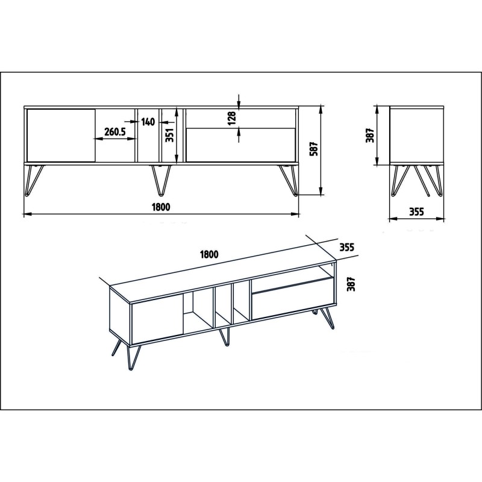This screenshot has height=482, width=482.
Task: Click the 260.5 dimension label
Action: [x=119, y=132]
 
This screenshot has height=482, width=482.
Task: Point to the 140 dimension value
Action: [x=148, y=122]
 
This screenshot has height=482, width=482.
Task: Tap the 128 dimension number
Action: [x=231, y=118]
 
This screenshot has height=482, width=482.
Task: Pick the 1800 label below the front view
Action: [x=161, y=207]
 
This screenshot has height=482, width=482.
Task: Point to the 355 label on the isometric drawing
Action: [x=346, y=246]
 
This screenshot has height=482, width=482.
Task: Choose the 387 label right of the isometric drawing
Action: [x=352, y=283]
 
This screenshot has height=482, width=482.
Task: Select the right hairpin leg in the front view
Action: [x=287, y=180]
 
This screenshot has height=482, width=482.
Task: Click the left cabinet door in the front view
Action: [x=61, y=135]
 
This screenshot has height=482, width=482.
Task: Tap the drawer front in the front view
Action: [x=240, y=145]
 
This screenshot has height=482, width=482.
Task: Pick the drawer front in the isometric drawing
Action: [x=292, y=299]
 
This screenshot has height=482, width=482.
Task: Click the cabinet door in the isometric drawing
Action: [x=157, y=321]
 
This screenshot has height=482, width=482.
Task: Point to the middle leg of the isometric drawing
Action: [x=225, y=337]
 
